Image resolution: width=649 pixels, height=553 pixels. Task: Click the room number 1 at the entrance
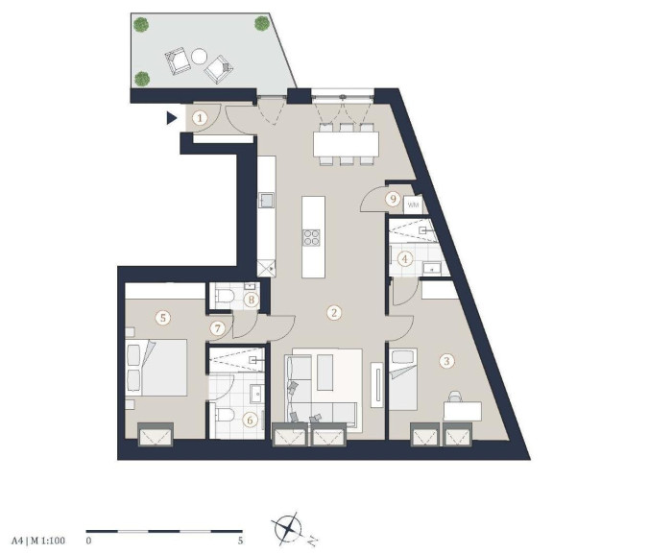tap(200, 119)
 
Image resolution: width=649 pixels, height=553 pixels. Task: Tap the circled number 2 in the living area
tap(334, 313)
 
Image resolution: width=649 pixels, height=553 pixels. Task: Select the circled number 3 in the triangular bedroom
tap(446, 361)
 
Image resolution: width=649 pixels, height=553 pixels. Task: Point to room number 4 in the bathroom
tap(405, 259)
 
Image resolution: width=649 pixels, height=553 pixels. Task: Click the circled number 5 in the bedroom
tap(162, 318)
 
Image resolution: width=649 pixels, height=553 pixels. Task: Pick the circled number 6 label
tap(250, 421)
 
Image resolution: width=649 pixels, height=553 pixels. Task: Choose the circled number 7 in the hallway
tap(217, 328)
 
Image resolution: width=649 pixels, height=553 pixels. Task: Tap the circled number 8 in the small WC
tap(252, 300)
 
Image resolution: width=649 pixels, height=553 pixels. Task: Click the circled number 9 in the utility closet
tap(393, 200)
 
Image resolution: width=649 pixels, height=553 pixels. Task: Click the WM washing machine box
tap(413, 205)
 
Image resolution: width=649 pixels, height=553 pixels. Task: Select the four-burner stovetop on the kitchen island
tap(311, 237)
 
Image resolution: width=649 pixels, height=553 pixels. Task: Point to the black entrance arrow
tap(171, 118)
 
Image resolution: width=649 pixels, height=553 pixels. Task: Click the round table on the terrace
tap(199, 57)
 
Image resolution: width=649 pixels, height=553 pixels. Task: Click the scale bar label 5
tap(240, 541)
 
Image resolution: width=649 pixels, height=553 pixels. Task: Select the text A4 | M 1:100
tap(38, 541)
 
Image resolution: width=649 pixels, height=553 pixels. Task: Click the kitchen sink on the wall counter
tap(266, 201)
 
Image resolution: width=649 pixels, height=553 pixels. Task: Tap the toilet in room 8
tap(224, 297)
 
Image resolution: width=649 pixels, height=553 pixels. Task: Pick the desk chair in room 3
tap(454, 397)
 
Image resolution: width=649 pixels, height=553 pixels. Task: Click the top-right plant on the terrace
tap(262, 24)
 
